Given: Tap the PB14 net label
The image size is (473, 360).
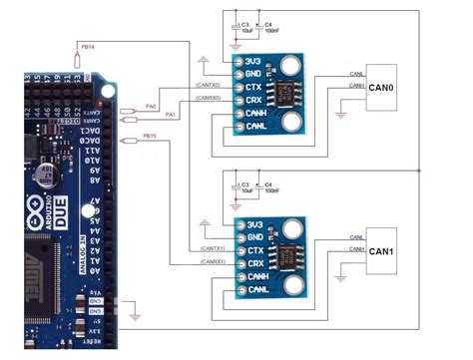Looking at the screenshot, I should coord(87,47).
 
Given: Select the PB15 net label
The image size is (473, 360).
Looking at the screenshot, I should coord(150,135).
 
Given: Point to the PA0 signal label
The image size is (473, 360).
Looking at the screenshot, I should coord(151,105).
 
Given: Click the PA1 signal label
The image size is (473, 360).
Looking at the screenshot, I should coord(170,116).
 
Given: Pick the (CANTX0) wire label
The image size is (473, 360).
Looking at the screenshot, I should coord(208,87).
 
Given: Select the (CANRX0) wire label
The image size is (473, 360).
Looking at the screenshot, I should coord(208,99).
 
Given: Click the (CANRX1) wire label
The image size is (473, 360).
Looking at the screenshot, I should coord(212,261).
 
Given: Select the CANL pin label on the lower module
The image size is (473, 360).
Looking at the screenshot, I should coord(258,289).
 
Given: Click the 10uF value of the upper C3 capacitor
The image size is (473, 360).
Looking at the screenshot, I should coord(245,32).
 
